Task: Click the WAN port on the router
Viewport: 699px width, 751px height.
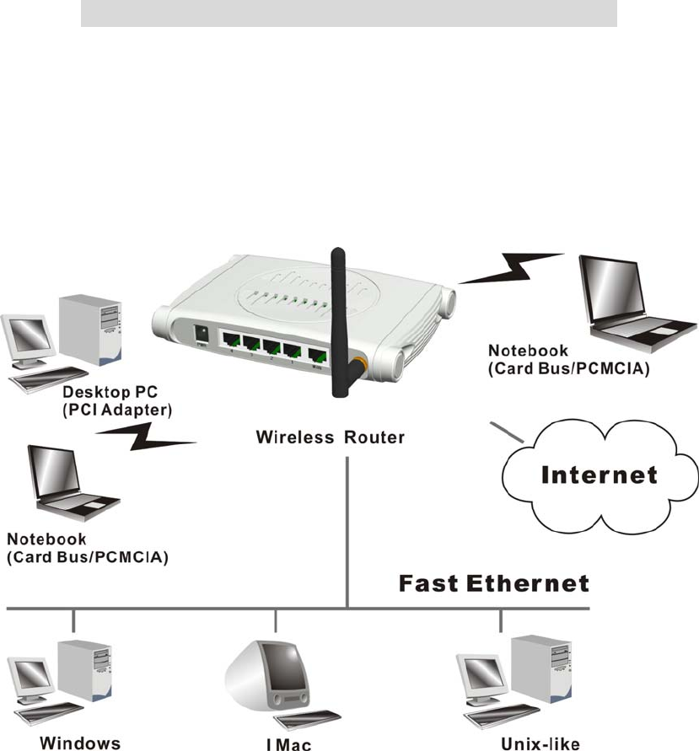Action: [318, 355]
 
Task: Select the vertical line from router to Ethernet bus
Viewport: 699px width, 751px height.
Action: [347, 531]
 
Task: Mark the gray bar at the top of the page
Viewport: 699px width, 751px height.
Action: [349, 13]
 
